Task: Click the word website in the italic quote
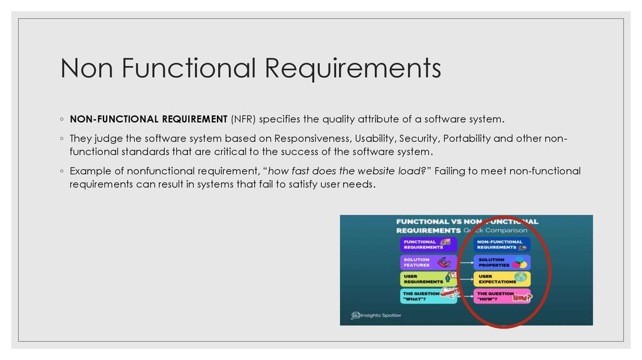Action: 366,171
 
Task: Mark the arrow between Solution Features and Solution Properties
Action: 466,262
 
